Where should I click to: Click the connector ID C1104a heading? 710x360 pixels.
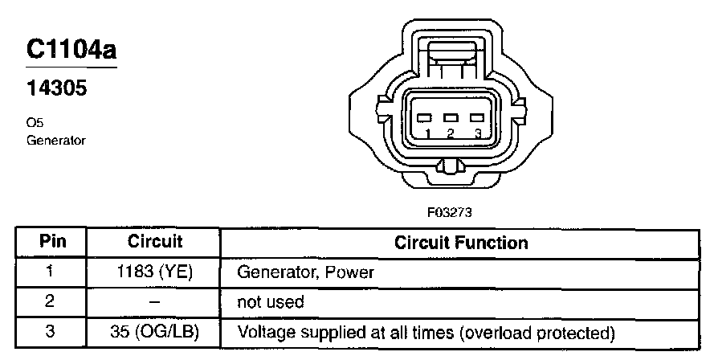[71, 49]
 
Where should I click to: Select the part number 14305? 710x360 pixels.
[56, 88]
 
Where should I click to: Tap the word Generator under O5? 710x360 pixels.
[55, 139]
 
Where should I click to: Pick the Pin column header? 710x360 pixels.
[51, 241]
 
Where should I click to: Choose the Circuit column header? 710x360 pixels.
[155, 241]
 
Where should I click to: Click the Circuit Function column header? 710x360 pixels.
[460, 242]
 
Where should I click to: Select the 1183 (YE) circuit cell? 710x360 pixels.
[155, 272]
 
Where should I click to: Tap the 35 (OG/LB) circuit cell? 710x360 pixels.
[155, 331]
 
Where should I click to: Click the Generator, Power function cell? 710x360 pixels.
[306, 272]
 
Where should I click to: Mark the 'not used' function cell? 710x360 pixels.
[271, 302]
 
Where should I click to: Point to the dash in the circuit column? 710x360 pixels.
[155, 302]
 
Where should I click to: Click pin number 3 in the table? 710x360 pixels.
[50, 331]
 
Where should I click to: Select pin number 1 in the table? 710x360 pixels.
[50, 272]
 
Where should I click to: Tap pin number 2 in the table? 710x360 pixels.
[50, 301]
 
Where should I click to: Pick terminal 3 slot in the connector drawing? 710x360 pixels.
[476, 117]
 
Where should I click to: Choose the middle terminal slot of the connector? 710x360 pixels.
[451, 117]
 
